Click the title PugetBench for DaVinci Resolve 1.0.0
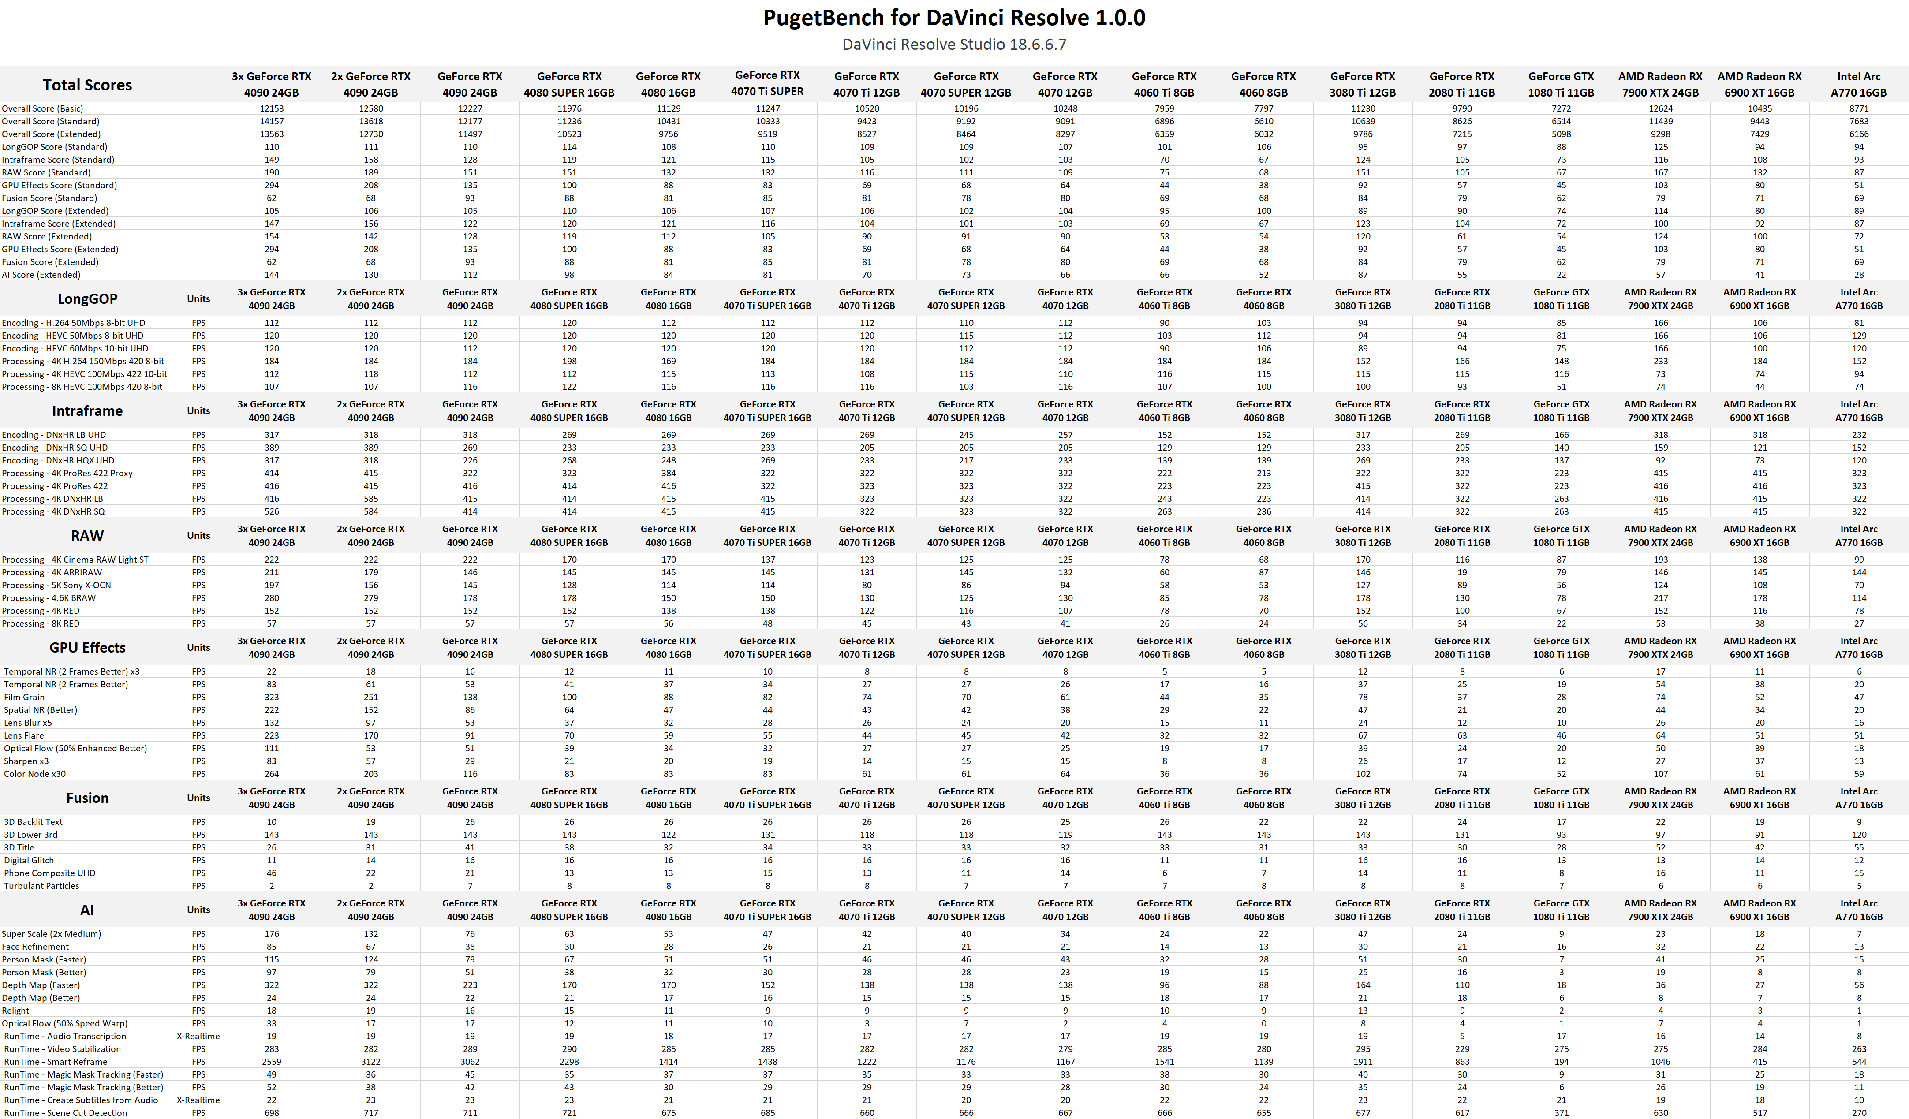pyautogui.click(x=954, y=18)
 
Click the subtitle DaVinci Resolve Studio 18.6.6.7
pyautogui.click(x=954, y=45)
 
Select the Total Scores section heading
pyautogui.click(x=87, y=85)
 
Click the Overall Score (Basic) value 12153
pyautogui.click(x=271, y=108)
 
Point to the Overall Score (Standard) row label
pyautogui.click(x=51, y=121)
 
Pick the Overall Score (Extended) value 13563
pyautogui.click(x=271, y=134)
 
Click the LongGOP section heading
pyautogui.click(x=87, y=298)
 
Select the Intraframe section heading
pyautogui.click(x=87, y=410)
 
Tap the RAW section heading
pyautogui.click(x=87, y=536)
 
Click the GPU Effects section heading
pyautogui.click(x=87, y=648)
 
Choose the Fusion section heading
pyautogui.click(x=87, y=798)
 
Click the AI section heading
pyautogui.click(x=87, y=910)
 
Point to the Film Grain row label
pyautogui.click(x=24, y=697)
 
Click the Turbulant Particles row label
pyautogui.click(x=41, y=886)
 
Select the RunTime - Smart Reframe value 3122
pyautogui.click(x=370, y=1061)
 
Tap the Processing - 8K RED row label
pyautogui.click(x=41, y=623)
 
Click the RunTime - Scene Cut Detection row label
pyautogui.click(x=65, y=1113)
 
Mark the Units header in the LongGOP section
pyautogui.click(x=198, y=298)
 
